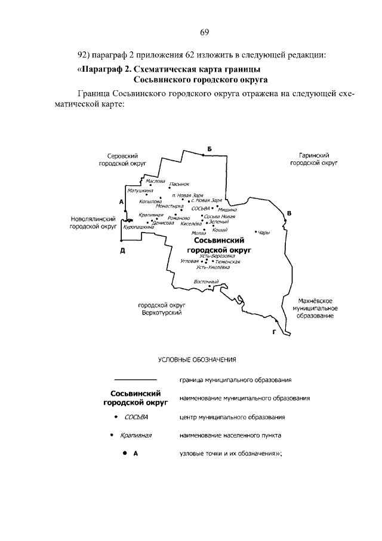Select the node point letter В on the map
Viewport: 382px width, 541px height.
(x=289, y=213)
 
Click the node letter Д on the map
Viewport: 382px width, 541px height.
(x=122, y=250)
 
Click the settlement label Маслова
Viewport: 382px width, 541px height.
(x=155, y=180)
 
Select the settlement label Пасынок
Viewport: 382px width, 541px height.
(x=179, y=184)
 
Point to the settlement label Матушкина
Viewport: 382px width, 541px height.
(x=141, y=191)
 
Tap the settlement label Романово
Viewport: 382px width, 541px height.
(x=178, y=218)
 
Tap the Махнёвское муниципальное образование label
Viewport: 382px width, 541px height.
(x=315, y=307)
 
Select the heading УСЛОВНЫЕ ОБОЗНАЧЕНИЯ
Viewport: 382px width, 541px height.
(x=198, y=360)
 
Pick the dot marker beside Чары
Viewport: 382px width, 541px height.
(x=255, y=231)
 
